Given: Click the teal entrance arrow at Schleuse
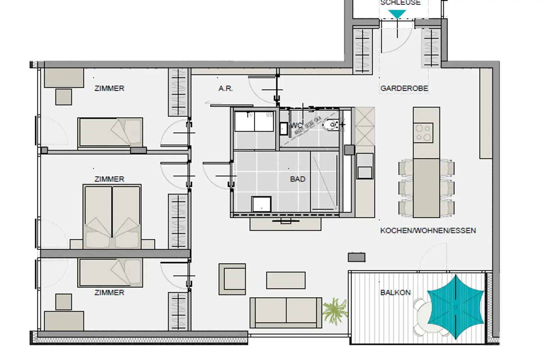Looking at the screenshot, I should point(397,14).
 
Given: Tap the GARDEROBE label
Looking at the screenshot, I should point(404,88).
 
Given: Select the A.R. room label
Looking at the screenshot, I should point(226,88).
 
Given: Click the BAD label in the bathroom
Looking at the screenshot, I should point(297,179).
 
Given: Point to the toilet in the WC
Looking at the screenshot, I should point(331,125).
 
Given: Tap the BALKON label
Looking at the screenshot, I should point(395,293).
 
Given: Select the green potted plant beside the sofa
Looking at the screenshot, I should point(334,310).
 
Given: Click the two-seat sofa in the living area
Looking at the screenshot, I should point(285,312).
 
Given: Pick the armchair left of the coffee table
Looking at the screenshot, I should point(232,279).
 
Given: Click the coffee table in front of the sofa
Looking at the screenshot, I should point(286,280).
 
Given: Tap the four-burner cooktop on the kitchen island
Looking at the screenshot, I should point(423,132).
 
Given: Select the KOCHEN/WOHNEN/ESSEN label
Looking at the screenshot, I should point(428,231).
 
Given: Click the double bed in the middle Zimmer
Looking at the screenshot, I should point(112,217).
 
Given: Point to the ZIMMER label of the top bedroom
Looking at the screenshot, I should point(109,88).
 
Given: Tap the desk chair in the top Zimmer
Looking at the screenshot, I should point(64,97).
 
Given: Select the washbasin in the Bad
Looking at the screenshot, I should point(262,204).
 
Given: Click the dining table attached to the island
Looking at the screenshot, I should point(426,188).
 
